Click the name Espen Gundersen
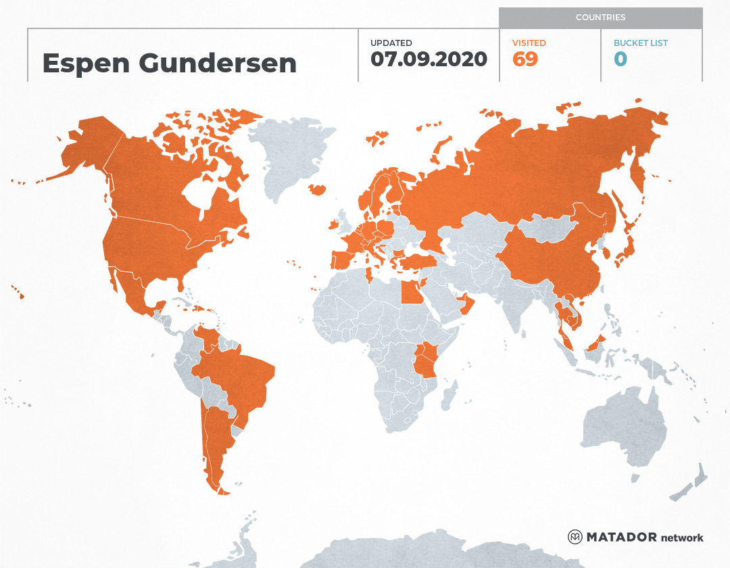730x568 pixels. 169,63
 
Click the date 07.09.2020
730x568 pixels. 429,59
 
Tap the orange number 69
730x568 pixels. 525,59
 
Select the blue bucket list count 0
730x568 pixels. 620,59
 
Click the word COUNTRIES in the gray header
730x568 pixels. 600,18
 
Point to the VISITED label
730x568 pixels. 529,43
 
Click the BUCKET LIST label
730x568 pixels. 640,43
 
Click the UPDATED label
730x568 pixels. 391,43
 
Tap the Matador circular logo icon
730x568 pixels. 575,537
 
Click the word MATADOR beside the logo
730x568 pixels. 621,537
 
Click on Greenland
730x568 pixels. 291,156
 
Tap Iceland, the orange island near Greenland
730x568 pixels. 316,190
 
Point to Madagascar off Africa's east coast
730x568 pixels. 447,396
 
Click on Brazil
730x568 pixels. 237,379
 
